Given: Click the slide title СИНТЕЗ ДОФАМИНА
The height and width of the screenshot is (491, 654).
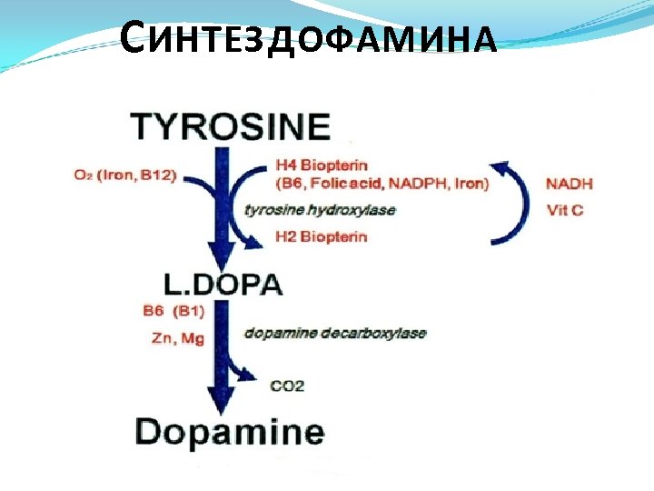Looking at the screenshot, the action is tap(309, 39).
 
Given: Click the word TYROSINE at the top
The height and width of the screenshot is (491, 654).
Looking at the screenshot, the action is tap(231, 126).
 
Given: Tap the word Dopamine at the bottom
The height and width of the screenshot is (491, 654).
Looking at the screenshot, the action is tap(230, 431).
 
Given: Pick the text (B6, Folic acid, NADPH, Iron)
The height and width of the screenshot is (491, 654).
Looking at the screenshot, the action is tap(381, 184).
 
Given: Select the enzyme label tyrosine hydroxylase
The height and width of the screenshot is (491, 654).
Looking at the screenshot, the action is tap(320, 210).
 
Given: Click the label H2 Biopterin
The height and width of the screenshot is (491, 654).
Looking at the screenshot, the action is tap(321, 237).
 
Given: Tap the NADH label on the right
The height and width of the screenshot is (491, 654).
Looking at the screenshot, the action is tap(570, 184).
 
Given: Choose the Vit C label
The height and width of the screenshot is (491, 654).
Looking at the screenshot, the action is tap(565, 210).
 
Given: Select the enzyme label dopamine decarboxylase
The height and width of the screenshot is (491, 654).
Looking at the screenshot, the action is tap(334, 333).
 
